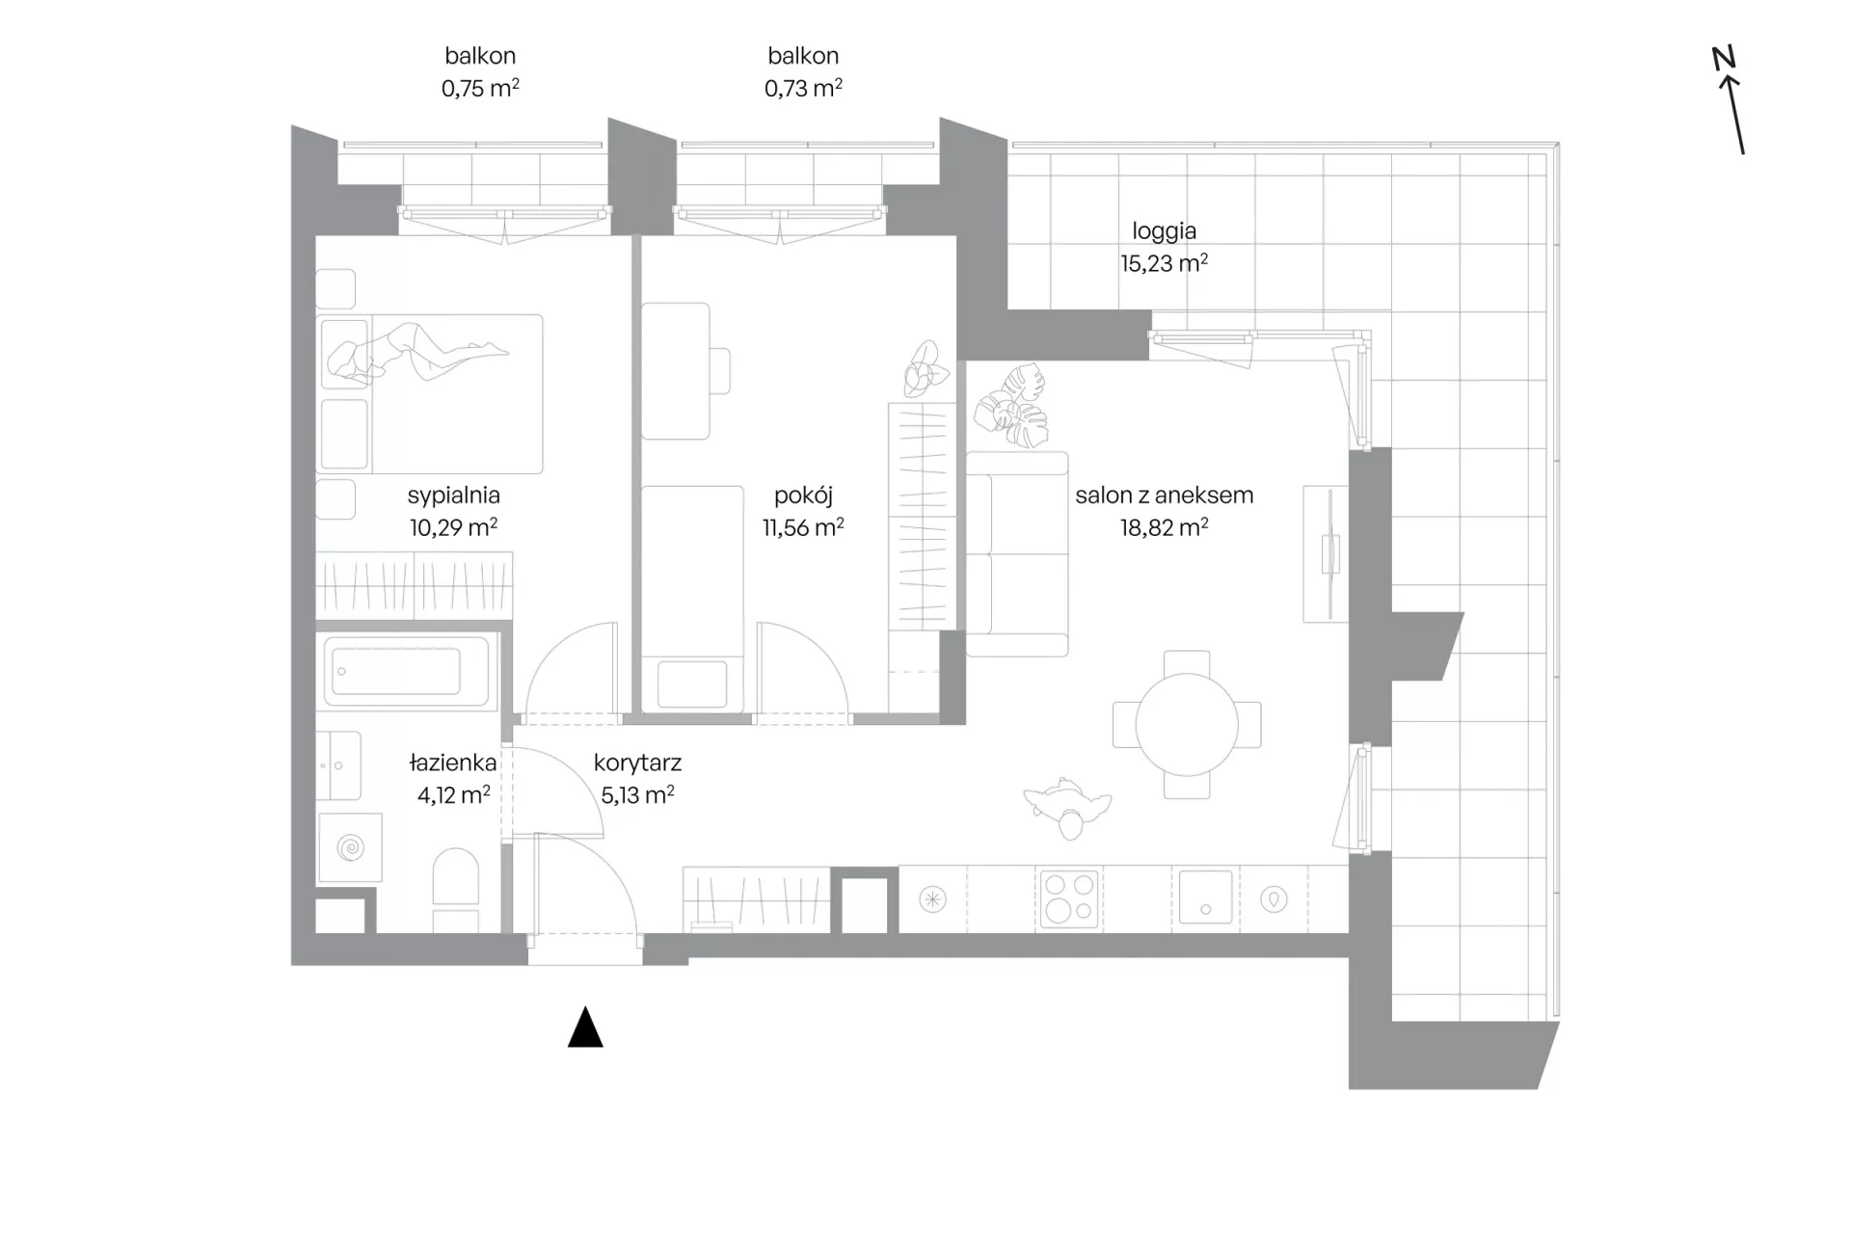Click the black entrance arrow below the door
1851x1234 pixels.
pos(585,1029)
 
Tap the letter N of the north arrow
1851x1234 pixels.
pos(1724,58)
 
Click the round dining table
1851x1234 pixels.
pos(1187,724)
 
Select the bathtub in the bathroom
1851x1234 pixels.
pos(407,671)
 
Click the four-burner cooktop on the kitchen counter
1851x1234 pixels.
pos(1069,899)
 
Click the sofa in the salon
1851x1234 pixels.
pos(1017,554)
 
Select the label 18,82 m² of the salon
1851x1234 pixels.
pos(1164,527)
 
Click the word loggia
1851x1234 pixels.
pos(1164,231)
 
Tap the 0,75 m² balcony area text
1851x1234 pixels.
pos(480,89)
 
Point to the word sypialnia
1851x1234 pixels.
pos(453,496)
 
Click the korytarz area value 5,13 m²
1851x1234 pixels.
pos(637,795)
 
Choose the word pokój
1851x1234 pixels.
pos(803,496)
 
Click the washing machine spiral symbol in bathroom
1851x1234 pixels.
pos(350,848)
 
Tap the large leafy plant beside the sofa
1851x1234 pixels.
pos(1010,406)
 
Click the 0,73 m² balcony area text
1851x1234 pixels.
pos(803,89)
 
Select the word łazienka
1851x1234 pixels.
pos(453,763)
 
